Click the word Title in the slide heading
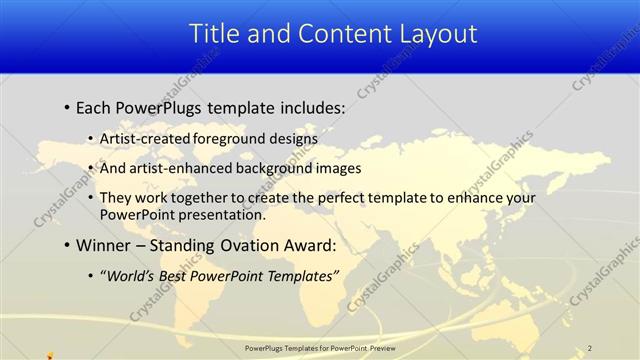click(213, 34)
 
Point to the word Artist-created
click(143, 138)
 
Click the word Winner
click(104, 245)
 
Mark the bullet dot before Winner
click(66, 245)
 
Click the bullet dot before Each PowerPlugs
click(66, 106)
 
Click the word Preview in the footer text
click(379, 347)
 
